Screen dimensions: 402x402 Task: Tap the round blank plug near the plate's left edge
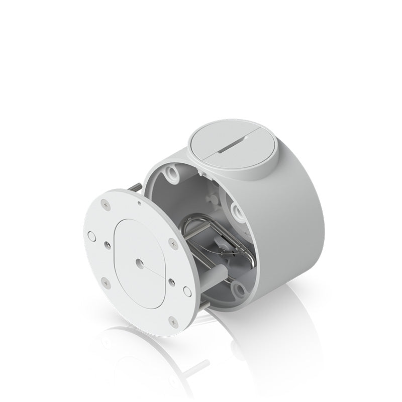91,234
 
